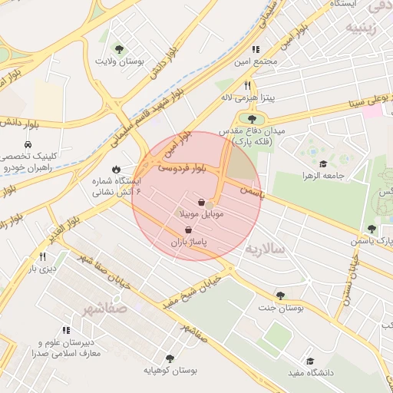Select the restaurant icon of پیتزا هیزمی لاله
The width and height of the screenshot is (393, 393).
pos(247,85)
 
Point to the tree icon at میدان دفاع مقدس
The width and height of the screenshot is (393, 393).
pos(251,118)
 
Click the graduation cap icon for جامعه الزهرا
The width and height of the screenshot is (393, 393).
pos(323,163)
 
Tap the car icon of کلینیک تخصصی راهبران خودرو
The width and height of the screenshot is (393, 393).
pos(28,144)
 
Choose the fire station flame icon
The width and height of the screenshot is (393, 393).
pos(116,169)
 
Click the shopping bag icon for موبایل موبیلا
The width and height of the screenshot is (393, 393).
pos(201,203)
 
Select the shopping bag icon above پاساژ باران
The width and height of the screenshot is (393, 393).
pos(188,230)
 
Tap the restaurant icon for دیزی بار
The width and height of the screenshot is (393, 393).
pos(42,256)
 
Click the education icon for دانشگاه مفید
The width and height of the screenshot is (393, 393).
pos(311,361)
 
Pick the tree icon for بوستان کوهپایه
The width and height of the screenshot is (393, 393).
pos(169,358)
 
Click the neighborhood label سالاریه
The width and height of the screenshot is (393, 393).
pos(266,249)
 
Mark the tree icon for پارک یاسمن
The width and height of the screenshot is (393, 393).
pos(372,229)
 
